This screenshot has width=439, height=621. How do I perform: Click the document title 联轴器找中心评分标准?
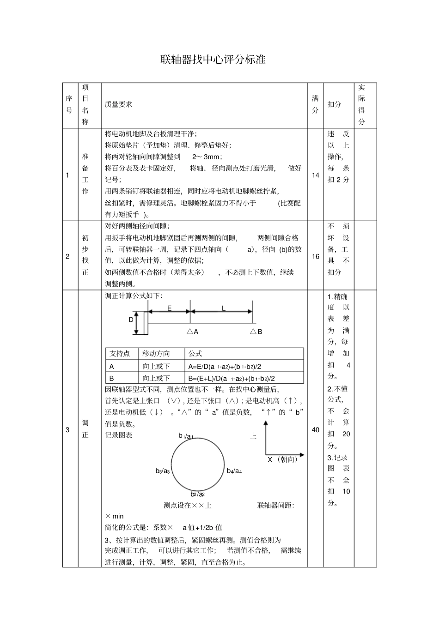point(213,60)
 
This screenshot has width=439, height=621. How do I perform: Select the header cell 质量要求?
point(118,105)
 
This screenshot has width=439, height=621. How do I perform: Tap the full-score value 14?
point(316,175)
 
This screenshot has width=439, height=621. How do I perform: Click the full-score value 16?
point(316,256)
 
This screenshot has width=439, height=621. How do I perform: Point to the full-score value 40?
point(316,430)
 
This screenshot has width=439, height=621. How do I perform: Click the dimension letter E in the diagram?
point(169,308)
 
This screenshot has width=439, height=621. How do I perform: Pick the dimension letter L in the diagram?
point(224,308)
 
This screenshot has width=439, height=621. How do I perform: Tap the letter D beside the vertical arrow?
point(131,320)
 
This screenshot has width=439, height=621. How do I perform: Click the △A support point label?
point(192,332)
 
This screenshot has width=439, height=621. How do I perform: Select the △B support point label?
point(256,332)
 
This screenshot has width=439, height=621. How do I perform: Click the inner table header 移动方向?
point(156,354)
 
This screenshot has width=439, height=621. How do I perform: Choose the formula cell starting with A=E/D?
point(225,367)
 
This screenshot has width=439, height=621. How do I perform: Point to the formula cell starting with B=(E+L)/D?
point(232,378)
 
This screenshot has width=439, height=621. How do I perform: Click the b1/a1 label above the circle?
point(186,436)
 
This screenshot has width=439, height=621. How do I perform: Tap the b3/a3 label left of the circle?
point(163,471)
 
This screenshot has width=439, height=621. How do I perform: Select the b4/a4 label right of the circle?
point(234,471)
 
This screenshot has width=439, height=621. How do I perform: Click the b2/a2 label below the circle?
point(197,494)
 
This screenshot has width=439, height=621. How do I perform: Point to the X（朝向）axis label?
point(283,459)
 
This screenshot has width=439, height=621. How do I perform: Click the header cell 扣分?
point(334,105)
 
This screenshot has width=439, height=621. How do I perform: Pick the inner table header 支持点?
point(120,354)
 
